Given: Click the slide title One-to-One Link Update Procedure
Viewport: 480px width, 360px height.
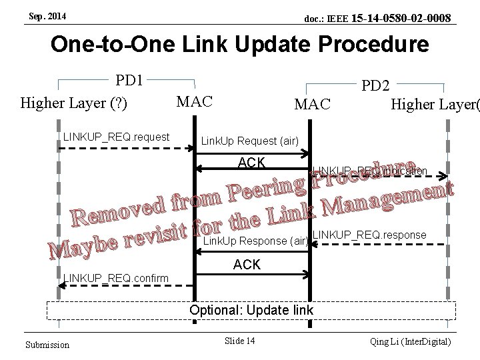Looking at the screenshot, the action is (240, 45).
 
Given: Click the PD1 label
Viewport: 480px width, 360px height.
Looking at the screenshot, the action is (131, 81).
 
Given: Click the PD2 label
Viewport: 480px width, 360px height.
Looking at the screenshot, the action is (375, 86).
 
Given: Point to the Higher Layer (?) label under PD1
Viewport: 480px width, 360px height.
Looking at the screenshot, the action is (74, 103).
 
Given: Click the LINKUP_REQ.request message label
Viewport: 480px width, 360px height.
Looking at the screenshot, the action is (116, 137).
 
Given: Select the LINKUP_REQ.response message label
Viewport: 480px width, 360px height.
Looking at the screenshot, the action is (369, 235).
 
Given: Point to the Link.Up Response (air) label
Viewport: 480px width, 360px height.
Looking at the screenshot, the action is (254, 239).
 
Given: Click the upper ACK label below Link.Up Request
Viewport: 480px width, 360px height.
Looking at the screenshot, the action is (252, 163).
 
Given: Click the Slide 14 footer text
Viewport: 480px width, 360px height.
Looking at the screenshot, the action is (240, 341).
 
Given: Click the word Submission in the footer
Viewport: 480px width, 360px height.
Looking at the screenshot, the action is (47, 344).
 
